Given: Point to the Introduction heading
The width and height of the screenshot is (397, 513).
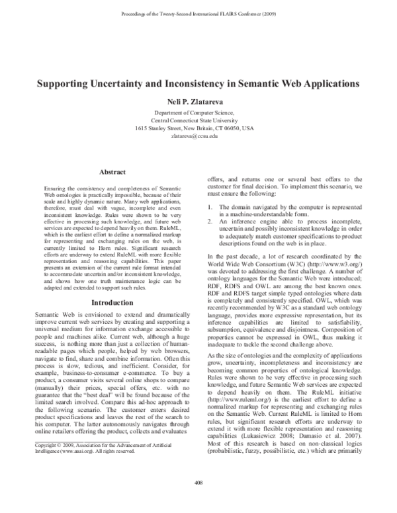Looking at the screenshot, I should pyautogui.click(x=112, y=302).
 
